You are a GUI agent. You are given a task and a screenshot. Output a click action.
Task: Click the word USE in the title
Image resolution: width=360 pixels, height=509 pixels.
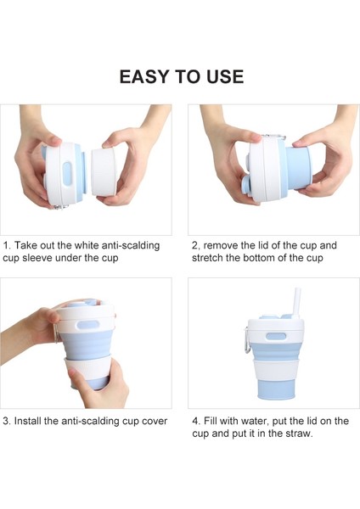point(222,77)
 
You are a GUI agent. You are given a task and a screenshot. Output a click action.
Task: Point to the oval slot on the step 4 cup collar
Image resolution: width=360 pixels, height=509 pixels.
point(275,338)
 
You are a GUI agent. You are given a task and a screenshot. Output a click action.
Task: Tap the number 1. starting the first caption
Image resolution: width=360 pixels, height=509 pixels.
point(7,245)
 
